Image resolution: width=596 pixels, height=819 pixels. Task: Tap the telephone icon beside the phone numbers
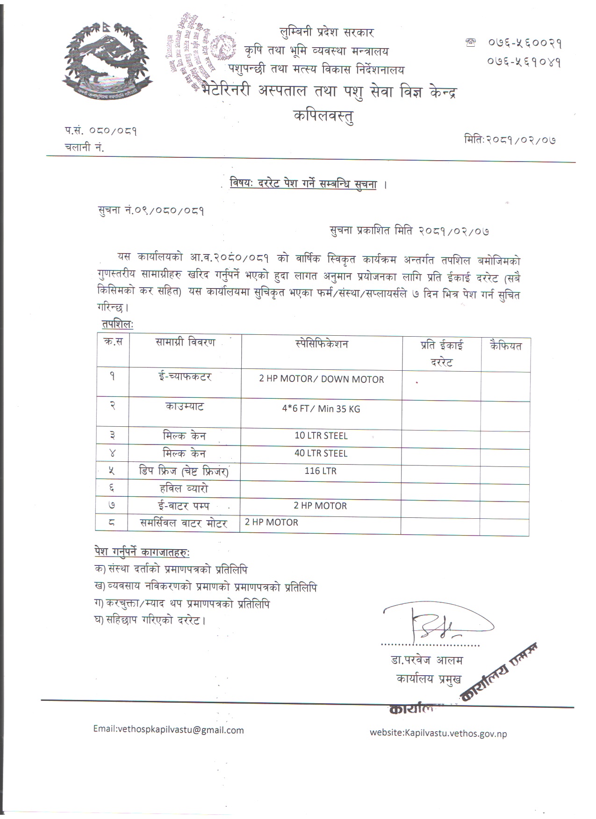tap(471, 42)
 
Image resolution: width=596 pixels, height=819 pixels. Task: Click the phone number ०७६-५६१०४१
tap(524, 62)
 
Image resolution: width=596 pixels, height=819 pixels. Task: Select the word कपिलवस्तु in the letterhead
tap(323, 115)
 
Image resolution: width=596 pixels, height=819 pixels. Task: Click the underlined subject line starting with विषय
tap(303, 184)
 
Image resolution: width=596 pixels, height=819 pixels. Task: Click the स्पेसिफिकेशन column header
tap(322, 345)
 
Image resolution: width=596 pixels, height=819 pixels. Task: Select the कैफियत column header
tap(506, 346)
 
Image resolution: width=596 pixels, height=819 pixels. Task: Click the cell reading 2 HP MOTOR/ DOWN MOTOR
tap(322, 379)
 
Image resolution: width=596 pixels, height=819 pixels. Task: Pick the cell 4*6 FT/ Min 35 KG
tap(321, 409)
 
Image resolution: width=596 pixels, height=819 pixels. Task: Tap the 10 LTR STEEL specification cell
tap(321, 436)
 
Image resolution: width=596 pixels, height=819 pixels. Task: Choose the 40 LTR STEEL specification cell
tap(321, 453)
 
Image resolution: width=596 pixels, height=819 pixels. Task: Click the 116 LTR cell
tap(320, 471)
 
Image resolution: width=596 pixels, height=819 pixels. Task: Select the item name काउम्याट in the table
tap(185, 407)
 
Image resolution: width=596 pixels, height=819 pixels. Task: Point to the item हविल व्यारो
tap(184, 489)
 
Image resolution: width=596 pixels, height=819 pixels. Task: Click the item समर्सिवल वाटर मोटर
tap(184, 523)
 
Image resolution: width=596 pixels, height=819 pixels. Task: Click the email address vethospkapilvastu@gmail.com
tap(168, 730)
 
